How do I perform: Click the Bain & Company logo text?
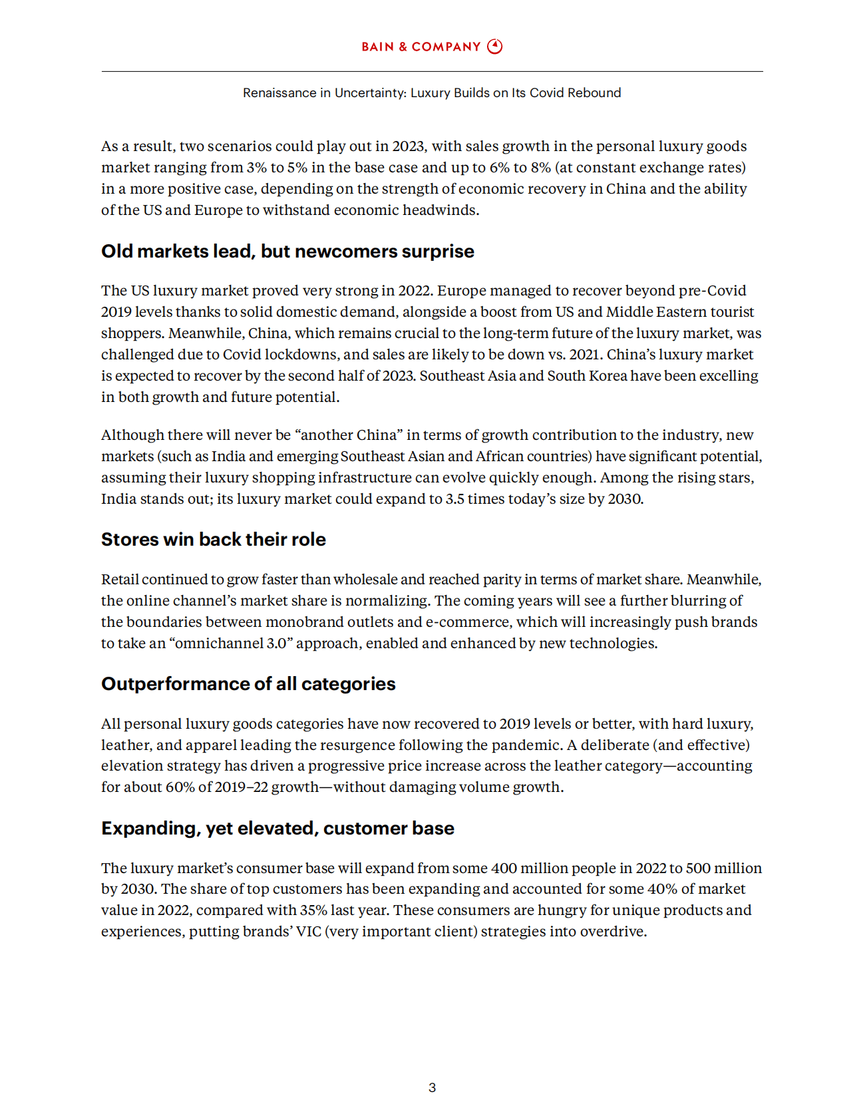coord(421,47)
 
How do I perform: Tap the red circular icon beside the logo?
coord(495,47)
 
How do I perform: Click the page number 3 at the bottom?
coord(432,1087)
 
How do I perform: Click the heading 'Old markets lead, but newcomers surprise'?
coord(287,252)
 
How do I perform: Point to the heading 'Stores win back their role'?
coord(214,540)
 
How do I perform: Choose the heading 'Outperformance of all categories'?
coord(248,684)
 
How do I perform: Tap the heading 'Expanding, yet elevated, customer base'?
coord(277,829)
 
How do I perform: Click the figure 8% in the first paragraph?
coord(541,168)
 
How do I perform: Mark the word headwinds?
coord(440,210)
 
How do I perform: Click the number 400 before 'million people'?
coord(504,868)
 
